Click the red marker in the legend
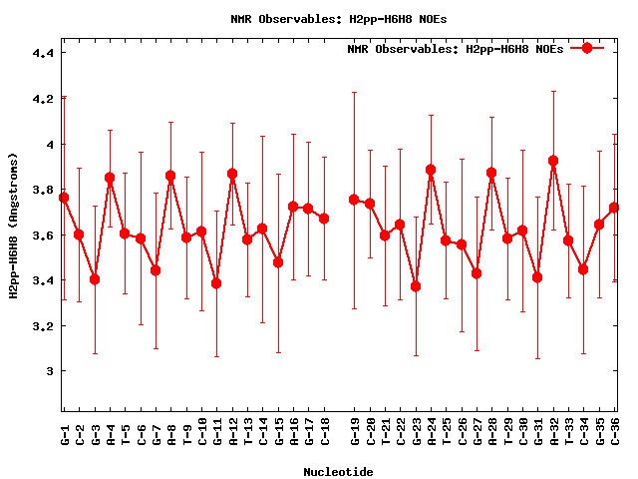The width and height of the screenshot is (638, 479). [x=587, y=48]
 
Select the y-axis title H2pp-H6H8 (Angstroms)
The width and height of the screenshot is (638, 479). [x=14, y=226]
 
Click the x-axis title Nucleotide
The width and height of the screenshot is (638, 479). [x=339, y=472]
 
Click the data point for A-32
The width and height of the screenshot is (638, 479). [x=554, y=161]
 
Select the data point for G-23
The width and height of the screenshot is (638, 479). [x=416, y=286]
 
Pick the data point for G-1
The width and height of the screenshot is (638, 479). [x=64, y=198]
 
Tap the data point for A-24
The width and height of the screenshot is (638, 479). [x=431, y=170]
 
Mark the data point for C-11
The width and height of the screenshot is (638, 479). [x=216, y=283]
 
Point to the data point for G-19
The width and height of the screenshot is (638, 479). [x=354, y=200]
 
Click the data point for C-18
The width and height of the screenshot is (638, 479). [x=324, y=219]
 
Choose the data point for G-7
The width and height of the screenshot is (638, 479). [x=156, y=270]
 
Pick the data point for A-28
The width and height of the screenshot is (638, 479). [x=491, y=173]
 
